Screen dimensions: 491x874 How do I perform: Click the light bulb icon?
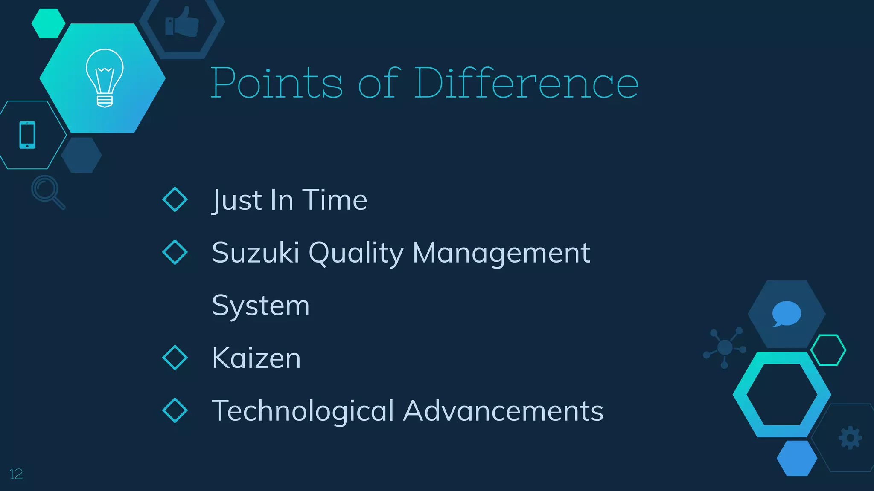point(105,78)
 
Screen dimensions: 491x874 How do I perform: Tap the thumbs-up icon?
point(182,22)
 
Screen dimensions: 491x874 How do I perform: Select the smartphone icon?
point(27,135)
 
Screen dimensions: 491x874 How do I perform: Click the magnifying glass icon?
point(47,191)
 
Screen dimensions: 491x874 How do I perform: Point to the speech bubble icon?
point(786,314)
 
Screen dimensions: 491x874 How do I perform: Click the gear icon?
point(850,437)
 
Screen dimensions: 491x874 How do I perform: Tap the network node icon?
point(725,347)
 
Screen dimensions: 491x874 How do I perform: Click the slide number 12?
point(16,474)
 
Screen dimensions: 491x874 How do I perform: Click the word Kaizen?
point(256,358)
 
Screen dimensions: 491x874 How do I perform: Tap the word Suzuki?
point(255,252)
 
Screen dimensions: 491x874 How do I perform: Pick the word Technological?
point(303,411)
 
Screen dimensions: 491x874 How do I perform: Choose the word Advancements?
point(503,411)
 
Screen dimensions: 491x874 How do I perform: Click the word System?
point(260,306)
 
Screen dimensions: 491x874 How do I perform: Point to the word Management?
point(501,253)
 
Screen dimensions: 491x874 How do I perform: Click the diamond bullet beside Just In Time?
point(175,199)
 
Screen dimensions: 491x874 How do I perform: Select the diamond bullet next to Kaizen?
point(175,358)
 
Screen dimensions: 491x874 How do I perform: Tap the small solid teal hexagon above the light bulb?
point(48,23)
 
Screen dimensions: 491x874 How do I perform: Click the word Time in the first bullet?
point(335,200)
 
